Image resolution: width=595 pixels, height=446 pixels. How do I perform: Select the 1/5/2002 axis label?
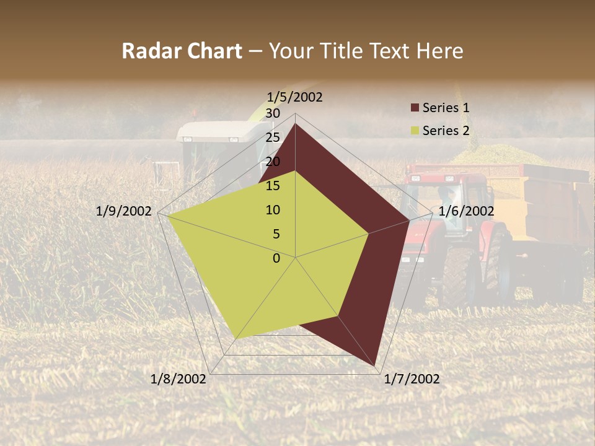[x=295, y=97]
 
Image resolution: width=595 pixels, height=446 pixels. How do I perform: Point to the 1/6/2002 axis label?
[x=466, y=211]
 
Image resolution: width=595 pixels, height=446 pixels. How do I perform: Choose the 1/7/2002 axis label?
[x=412, y=379]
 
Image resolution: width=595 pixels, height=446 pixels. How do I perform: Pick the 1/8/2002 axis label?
[x=178, y=379]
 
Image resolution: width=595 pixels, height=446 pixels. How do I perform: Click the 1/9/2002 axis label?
[x=124, y=211]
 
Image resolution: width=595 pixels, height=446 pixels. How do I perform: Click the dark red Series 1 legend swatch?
[x=415, y=108]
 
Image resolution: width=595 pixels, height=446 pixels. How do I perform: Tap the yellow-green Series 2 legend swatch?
[x=415, y=131]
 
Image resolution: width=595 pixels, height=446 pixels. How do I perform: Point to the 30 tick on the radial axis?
[x=273, y=113]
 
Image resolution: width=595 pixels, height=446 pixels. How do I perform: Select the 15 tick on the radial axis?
[x=273, y=186]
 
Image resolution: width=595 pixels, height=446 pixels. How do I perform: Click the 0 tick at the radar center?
[x=276, y=258]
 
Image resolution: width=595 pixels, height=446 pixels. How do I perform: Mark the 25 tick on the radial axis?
[x=273, y=138]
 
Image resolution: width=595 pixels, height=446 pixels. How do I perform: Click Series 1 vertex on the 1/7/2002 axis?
[x=376, y=366]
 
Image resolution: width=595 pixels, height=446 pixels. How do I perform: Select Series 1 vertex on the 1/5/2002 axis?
[x=296, y=124]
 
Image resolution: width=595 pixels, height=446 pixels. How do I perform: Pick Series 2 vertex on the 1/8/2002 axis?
[x=236, y=339]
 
